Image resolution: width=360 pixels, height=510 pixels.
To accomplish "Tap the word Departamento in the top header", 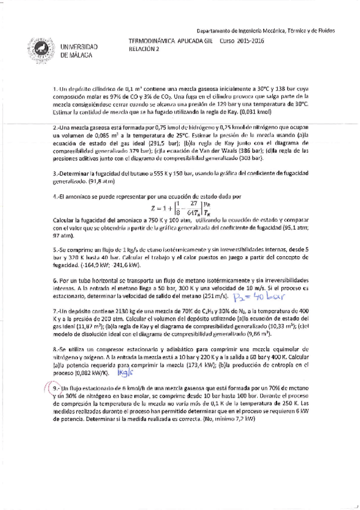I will coord(215,30).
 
